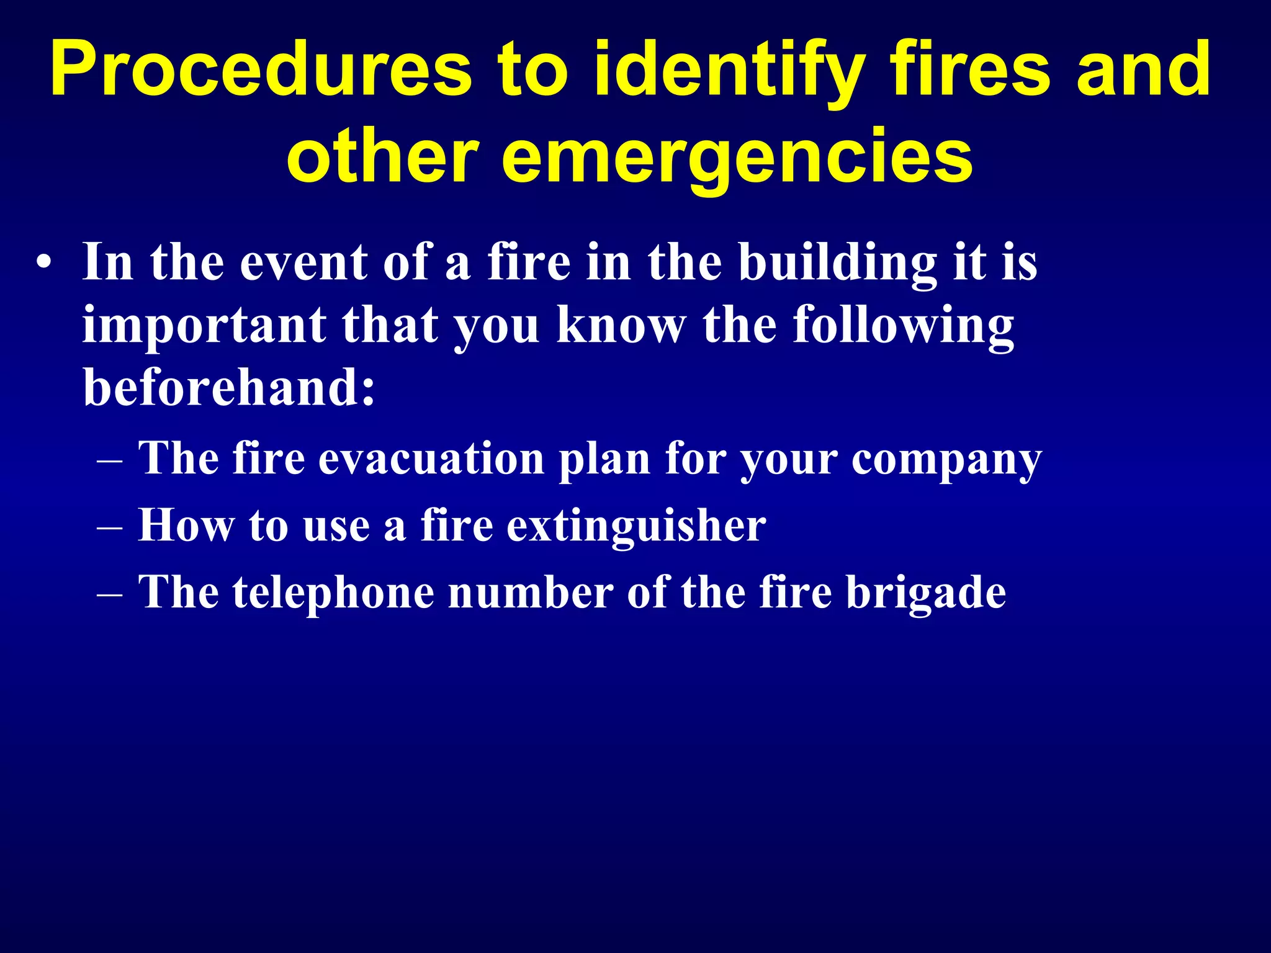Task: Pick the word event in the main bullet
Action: [304, 263]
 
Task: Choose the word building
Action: [837, 263]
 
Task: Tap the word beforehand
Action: [229, 388]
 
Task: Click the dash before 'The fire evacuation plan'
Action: [110, 462]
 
